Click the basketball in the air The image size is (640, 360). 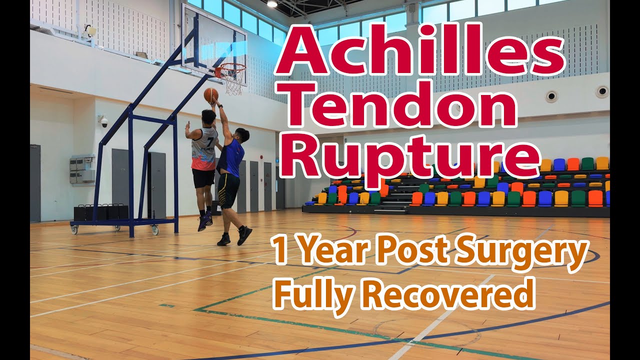211,94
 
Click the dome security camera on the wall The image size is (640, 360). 104,122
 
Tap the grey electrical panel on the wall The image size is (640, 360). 82,169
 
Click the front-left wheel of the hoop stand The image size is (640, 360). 74,229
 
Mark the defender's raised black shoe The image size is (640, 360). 244,235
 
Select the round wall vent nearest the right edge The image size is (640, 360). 601,91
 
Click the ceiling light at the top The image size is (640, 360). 272,3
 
